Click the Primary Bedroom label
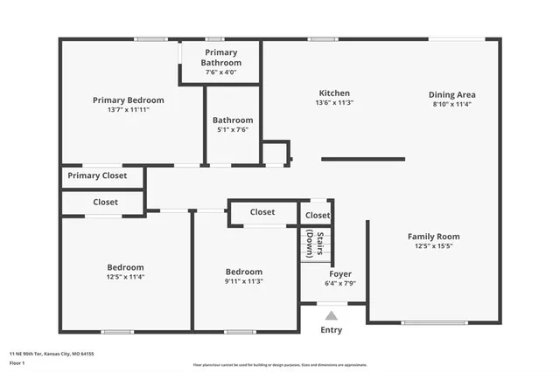(x=128, y=100)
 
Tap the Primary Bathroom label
(x=220, y=58)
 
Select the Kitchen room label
(x=333, y=93)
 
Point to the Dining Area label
(x=451, y=94)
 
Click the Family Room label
(x=433, y=237)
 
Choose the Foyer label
(x=340, y=273)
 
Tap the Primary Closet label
(x=97, y=176)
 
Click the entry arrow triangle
(x=331, y=315)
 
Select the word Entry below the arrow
(x=331, y=330)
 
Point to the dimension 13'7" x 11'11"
(x=128, y=110)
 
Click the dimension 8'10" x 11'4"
(x=451, y=104)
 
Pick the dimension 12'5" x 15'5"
(x=433, y=246)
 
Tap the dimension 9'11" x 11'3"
(x=243, y=281)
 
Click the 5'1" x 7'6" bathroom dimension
(x=233, y=129)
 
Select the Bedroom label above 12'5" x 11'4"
(x=126, y=267)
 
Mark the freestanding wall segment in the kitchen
(x=363, y=159)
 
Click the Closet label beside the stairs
(x=318, y=215)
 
